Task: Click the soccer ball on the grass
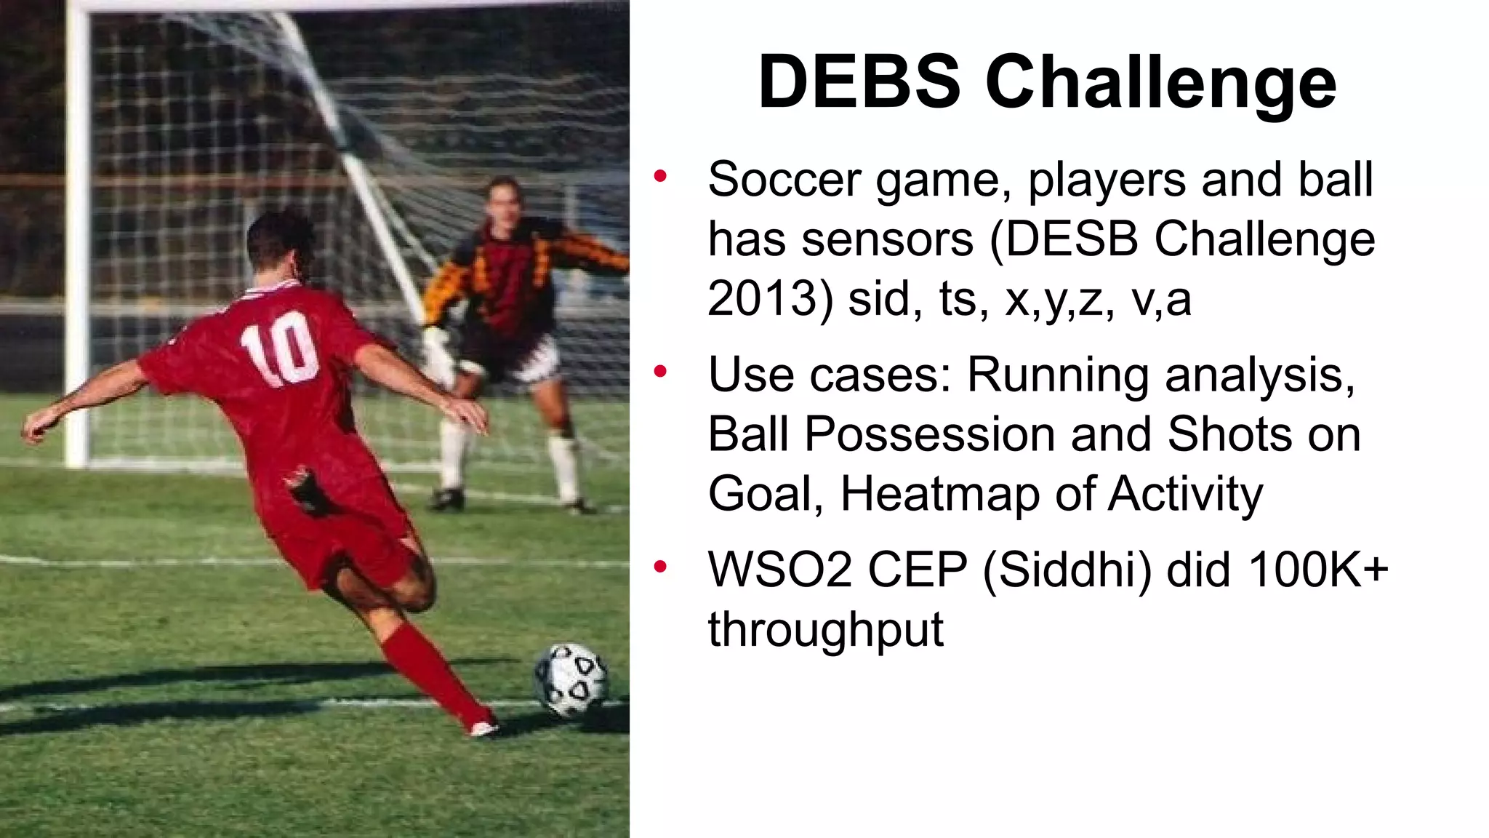pyautogui.click(x=571, y=679)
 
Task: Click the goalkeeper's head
pyautogui.click(x=504, y=202)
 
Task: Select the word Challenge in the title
pyautogui.click(x=1160, y=83)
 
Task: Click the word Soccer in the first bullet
pyautogui.click(x=784, y=179)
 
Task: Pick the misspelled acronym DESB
pyautogui.click(x=1072, y=239)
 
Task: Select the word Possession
pyautogui.click(x=930, y=434)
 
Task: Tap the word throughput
pyautogui.click(x=825, y=629)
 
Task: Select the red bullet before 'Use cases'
pyautogui.click(x=660, y=372)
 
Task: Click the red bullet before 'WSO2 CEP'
pyautogui.click(x=660, y=567)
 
